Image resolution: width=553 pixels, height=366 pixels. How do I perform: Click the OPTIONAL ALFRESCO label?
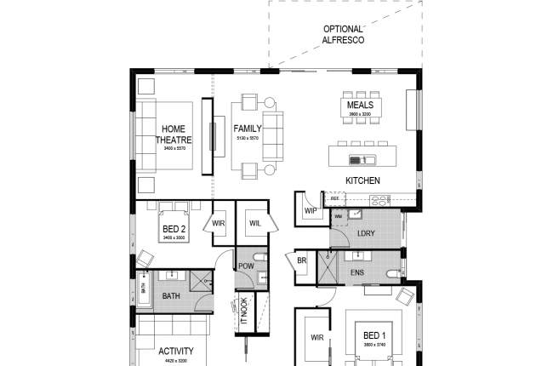tap(342, 34)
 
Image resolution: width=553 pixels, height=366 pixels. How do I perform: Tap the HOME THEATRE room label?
tap(174, 134)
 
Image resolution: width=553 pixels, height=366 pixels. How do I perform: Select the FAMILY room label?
tap(248, 129)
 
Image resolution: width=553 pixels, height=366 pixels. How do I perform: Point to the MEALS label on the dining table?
tap(360, 106)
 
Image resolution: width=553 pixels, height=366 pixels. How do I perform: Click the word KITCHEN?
tap(362, 180)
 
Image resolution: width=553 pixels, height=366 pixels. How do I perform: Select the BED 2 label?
tap(174, 229)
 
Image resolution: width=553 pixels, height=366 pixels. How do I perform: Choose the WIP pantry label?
tap(311, 210)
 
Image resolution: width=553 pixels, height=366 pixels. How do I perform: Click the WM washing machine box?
tap(338, 217)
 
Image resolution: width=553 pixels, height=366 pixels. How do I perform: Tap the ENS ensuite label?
tap(356, 273)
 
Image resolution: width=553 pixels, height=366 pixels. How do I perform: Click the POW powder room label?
tap(246, 266)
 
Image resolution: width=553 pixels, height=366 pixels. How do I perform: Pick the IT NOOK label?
tap(243, 312)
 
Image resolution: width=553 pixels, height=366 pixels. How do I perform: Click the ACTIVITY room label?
tap(175, 351)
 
